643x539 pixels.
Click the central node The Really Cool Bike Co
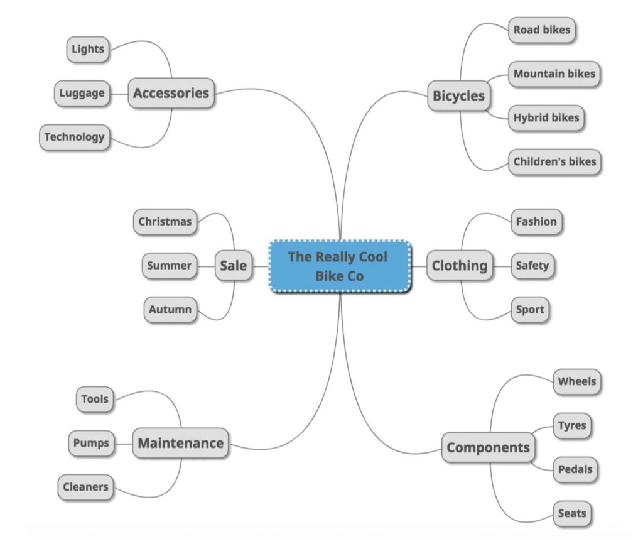click(x=340, y=266)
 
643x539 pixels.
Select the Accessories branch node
click(x=171, y=94)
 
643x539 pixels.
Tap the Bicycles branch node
click(x=459, y=96)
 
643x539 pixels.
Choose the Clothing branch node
click(x=459, y=266)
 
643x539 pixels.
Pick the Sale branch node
click(x=234, y=266)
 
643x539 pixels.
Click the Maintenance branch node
click(x=180, y=443)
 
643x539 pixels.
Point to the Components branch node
click(x=488, y=448)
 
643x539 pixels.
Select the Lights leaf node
click(x=88, y=50)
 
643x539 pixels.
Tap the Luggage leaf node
click(x=82, y=94)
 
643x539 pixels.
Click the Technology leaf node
click(x=74, y=137)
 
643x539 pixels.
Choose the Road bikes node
click(x=541, y=30)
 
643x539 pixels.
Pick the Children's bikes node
click(x=554, y=162)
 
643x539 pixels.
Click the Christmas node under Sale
click(x=165, y=222)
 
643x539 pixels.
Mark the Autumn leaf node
click(x=170, y=310)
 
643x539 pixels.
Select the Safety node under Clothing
click(x=532, y=266)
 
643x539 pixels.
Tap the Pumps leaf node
click(x=91, y=443)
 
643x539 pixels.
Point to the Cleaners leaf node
click(x=85, y=487)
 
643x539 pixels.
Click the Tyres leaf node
click(x=571, y=426)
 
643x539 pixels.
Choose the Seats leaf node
click(x=571, y=514)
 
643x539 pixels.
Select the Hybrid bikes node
click(x=546, y=118)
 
